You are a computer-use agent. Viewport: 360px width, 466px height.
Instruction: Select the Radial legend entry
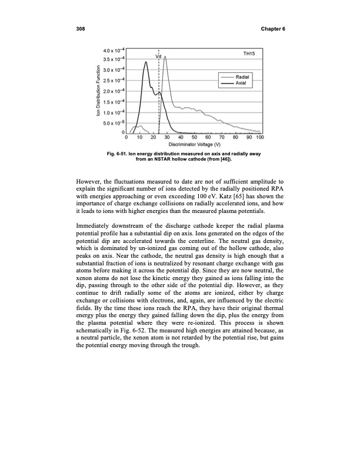[x=243, y=77]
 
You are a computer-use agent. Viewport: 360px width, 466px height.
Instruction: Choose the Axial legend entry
[x=241, y=84]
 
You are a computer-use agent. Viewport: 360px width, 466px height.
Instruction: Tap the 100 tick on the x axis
[x=259, y=138]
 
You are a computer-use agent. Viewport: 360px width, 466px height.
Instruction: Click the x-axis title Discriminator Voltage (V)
[x=194, y=145]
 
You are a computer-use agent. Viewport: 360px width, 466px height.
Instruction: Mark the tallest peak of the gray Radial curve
[x=165, y=56]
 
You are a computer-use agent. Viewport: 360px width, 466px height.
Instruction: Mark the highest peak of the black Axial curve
[x=147, y=62]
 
